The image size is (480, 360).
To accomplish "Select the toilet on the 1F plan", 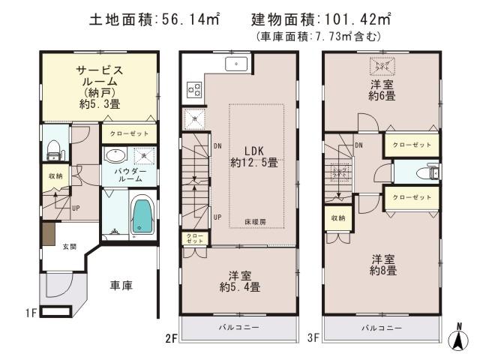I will click(x=52, y=150).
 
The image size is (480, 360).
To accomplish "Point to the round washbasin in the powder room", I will click(x=115, y=157).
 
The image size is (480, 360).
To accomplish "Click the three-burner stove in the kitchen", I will click(x=194, y=90).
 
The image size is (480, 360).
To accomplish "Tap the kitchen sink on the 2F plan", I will click(x=237, y=64).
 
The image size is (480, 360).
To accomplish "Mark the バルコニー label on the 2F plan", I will click(x=239, y=328).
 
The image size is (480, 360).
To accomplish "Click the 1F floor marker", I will click(x=31, y=310).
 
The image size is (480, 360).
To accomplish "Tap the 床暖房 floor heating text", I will click(x=254, y=223).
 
